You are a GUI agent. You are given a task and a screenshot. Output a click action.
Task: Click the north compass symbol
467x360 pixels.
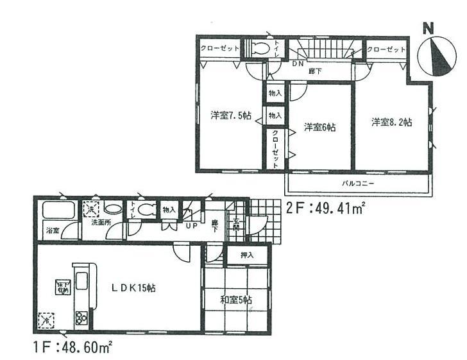pyautogui.click(x=436, y=55)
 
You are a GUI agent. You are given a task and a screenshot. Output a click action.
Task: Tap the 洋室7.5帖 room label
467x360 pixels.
pyautogui.click(x=230, y=116)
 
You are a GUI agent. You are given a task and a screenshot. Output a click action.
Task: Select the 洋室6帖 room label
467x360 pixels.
pyautogui.click(x=319, y=127)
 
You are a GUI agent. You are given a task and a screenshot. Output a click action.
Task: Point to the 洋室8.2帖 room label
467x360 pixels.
pyautogui.click(x=391, y=122)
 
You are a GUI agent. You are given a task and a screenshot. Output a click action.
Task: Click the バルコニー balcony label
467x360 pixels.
pyautogui.click(x=357, y=183)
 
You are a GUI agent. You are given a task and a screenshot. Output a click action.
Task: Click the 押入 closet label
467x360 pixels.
pyautogui.click(x=247, y=255)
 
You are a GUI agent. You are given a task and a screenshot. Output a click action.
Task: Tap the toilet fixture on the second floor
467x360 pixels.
pyautogui.click(x=259, y=48)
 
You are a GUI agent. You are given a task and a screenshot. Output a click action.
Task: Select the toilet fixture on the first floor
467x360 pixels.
pyautogui.click(x=147, y=209)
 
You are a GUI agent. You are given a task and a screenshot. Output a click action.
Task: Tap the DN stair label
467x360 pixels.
pyautogui.click(x=298, y=64)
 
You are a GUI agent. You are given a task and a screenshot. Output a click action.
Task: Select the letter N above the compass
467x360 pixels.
pyautogui.click(x=429, y=28)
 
